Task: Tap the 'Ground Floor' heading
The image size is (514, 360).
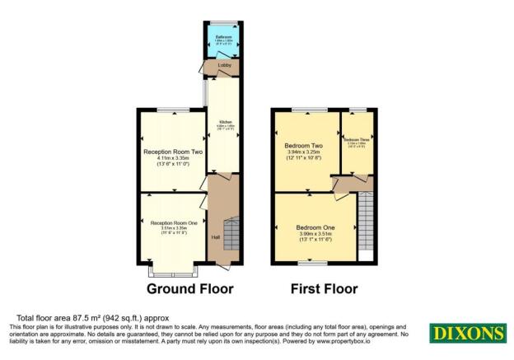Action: (x=189, y=289)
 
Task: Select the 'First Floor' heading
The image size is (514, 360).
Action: (x=324, y=289)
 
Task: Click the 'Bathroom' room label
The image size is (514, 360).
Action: (x=223, y=38)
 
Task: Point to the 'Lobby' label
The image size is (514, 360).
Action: (x=223, y=65)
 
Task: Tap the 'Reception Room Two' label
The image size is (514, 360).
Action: (x=173, y=152)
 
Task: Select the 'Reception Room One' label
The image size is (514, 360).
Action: (x=173, y=224)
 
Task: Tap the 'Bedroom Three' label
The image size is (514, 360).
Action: (x=356, y=139)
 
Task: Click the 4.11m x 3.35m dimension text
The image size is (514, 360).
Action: (x=173, y=159)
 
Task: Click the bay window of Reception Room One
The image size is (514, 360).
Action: (x=173, y=269)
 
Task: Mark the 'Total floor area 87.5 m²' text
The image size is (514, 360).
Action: (x=83, y=318)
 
